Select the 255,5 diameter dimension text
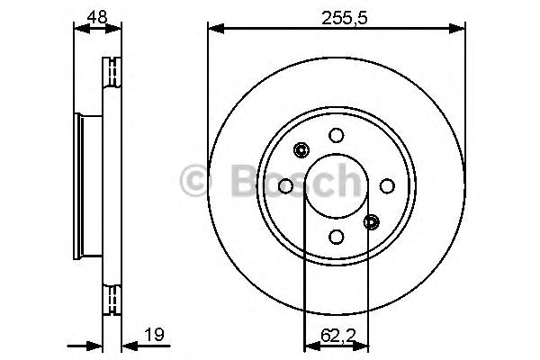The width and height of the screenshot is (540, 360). pos(337,14)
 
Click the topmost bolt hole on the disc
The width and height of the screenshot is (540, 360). pos(337,136)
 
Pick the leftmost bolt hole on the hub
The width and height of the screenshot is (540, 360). pos(286,186)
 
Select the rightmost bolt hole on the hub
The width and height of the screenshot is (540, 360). pos(387,185)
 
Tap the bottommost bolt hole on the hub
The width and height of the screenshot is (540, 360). pos(337,236)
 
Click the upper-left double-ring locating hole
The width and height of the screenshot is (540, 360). pos(301,150)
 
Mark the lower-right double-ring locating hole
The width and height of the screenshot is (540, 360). pos(372,221)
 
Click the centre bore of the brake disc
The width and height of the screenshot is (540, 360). pos(337,186)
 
